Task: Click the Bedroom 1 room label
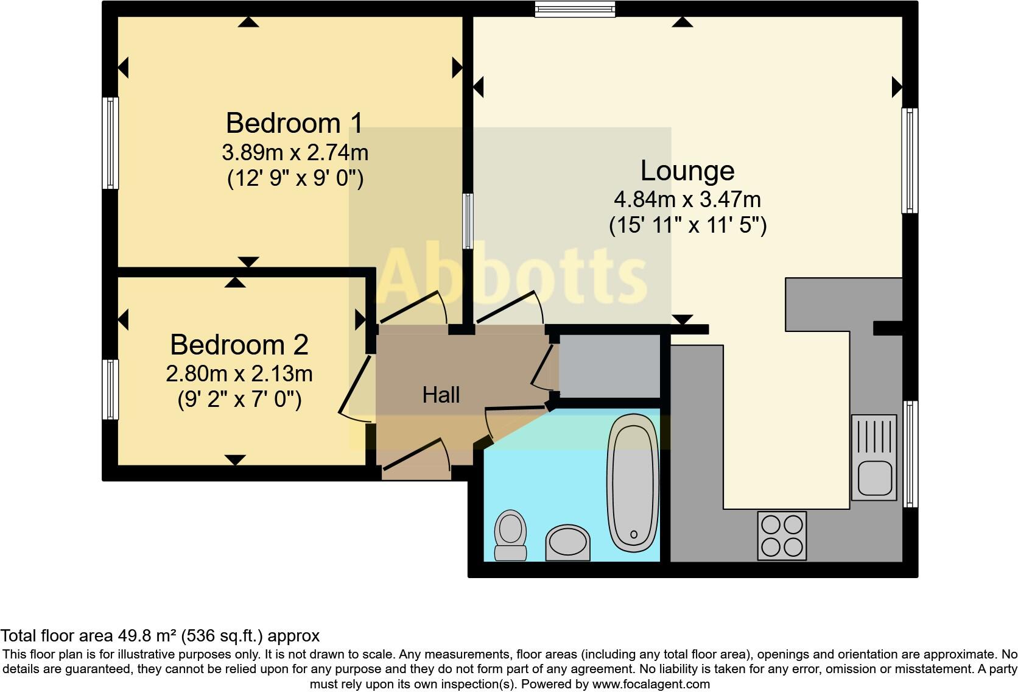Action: pos(295,124)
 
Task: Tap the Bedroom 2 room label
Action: pos(239,345)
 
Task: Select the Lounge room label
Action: pos(687,171)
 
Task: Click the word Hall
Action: pos(441,395)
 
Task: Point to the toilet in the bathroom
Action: pos(510,534)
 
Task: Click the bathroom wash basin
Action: pos(568,542)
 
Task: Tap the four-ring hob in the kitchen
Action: pos(782,535)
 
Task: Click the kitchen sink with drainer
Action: pos(874,457)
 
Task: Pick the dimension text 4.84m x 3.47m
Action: pos(687,199)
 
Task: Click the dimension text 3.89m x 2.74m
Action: pos(295,152)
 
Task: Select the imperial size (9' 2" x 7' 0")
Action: pos(239,400)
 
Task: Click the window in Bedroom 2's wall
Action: pos(110,389)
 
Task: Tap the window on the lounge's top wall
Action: pos(575,8)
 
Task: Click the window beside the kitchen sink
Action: pos(910,454)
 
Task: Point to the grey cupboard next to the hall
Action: pos(609,365)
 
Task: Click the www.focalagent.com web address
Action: pos(650,684)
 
